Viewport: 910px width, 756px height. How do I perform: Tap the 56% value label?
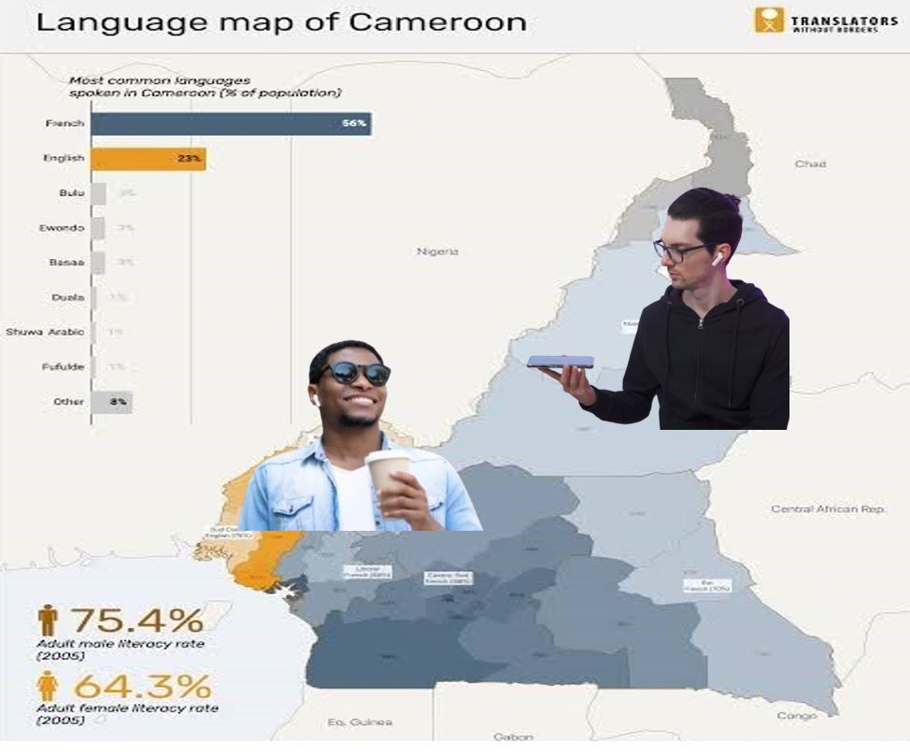point(353,124)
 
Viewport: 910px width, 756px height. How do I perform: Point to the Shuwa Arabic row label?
point(45,333)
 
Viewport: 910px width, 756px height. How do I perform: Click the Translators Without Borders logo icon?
point(768,20)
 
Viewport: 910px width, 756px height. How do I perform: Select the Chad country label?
point(810,164)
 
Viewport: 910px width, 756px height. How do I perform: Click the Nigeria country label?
point(437,251)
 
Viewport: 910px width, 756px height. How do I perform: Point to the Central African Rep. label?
point(828,509)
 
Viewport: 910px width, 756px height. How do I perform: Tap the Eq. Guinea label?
point(360,721)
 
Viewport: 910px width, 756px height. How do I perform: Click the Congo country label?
point(796,716)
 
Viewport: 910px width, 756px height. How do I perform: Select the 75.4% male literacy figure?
point(136,620)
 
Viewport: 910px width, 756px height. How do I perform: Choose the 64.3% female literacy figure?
point(142,687)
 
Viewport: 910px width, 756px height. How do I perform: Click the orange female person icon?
point(47,687)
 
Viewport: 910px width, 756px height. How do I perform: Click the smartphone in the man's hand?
point(560,362)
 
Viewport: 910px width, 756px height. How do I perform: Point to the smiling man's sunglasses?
point(355,373)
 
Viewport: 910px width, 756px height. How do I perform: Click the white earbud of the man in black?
point(718,259)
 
